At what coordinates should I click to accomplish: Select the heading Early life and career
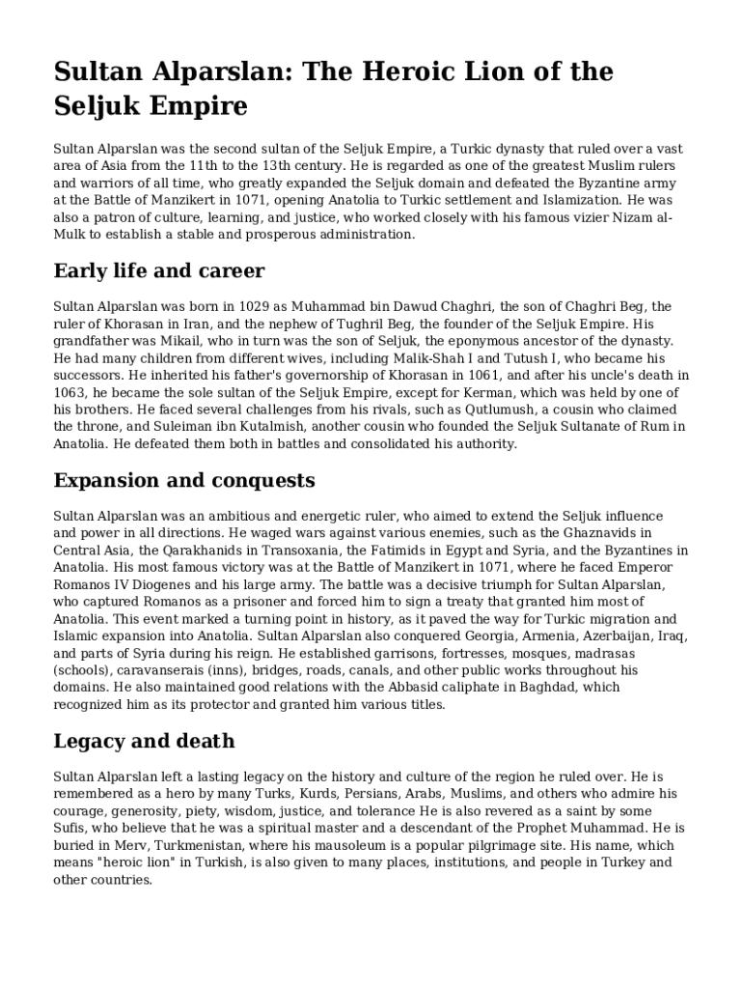pos(159,269)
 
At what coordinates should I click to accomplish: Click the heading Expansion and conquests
pos(184,480)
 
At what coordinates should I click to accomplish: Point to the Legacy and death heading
pos(145,741)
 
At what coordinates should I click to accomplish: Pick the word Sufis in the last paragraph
pos(71,828)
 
